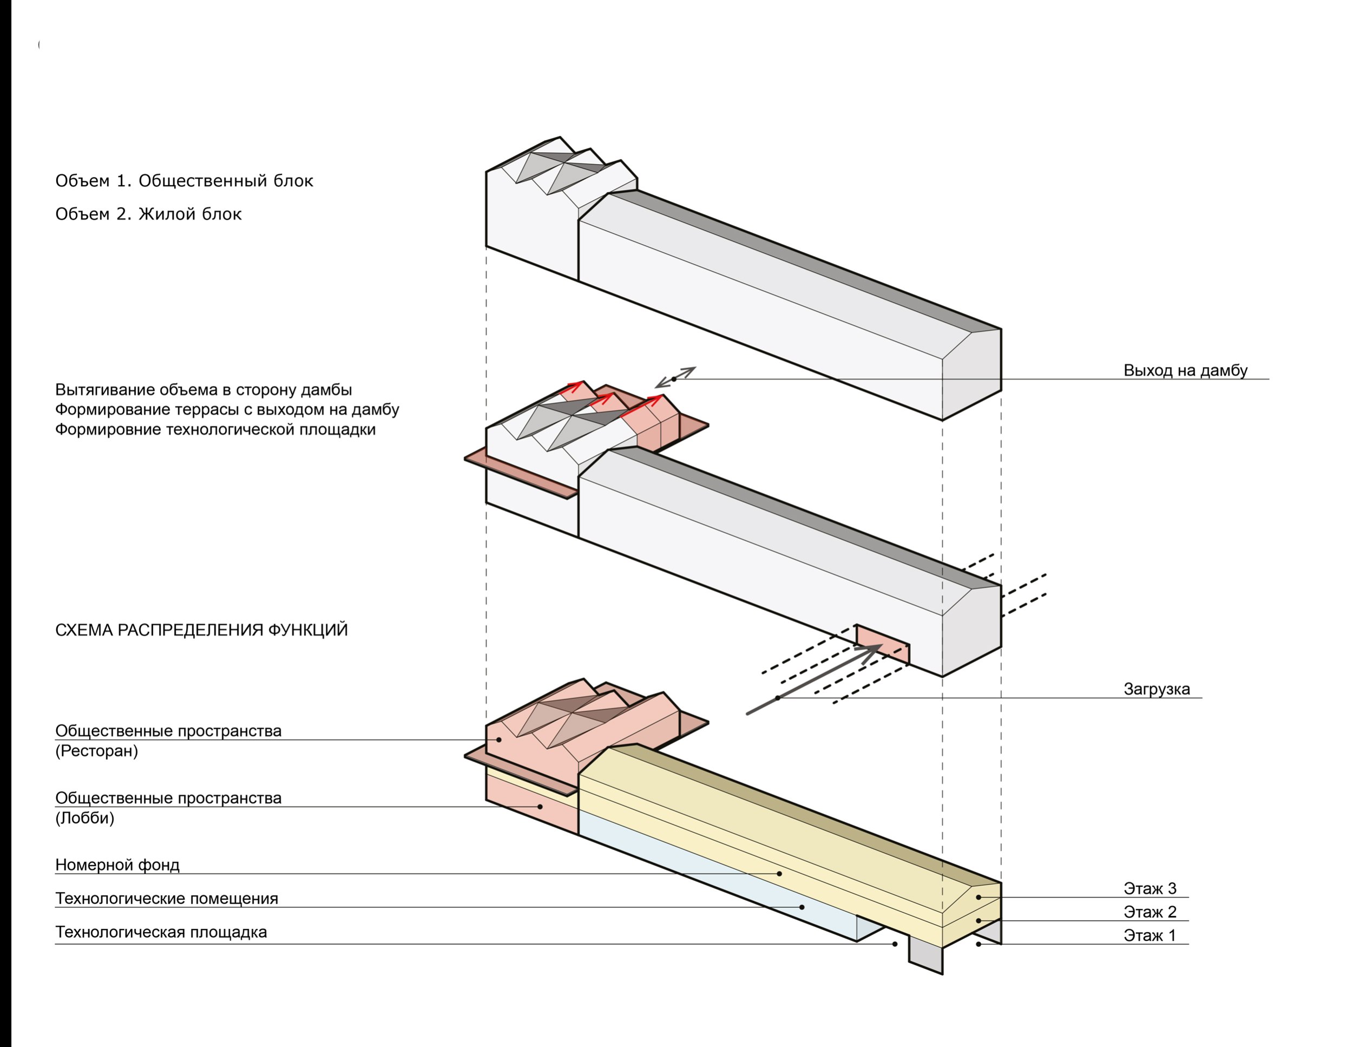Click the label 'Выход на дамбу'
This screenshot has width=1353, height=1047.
click(x=1185, y=370)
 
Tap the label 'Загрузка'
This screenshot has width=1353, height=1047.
click(x=1157, y=689)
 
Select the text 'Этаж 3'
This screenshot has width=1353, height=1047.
click(x=1150, y=888)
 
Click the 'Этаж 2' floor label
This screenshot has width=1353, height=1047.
click(x=1150, y=912)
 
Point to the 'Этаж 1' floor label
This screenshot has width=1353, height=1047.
click(x=1150, y=935)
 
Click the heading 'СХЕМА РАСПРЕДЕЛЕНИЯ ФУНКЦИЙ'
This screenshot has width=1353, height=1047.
click(x=201, y=630)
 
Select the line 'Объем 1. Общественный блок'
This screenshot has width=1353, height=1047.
click(x=184, y=181)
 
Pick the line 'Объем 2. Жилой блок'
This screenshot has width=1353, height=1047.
click(x=148, y=214)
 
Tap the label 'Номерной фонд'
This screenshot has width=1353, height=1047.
click(x=117, y=865)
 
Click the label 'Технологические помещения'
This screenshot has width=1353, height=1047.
click(x=167, y=898)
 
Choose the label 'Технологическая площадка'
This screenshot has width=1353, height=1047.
click(x=161, y=932)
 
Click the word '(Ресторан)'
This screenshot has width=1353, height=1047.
click(x=97, y=751)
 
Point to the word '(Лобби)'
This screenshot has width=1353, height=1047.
click(x=85, y=819)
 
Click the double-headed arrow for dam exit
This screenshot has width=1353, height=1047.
click(x=675, y=377)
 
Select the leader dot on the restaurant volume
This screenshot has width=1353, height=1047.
click(x=498, y=740)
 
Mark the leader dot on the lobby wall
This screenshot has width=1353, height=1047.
click(x=540, y=807)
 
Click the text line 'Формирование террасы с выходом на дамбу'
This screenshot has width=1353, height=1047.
click(x=227, y=409)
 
